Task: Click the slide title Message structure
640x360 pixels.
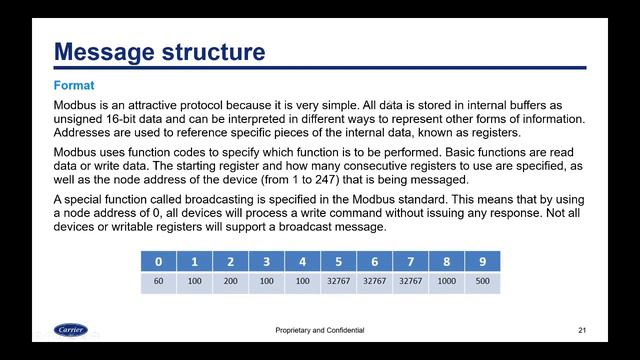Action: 159,51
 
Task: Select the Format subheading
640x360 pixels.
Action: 74,86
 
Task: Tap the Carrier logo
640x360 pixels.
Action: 70,329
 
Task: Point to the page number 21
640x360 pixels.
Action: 582,330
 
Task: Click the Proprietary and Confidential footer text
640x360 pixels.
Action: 319,330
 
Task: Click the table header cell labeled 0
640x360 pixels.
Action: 158,261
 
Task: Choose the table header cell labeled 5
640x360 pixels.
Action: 338,261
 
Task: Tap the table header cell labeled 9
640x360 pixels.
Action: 482,261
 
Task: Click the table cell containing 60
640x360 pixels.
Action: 158,282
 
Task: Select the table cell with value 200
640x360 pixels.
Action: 230,282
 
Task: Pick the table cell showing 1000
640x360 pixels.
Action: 446,282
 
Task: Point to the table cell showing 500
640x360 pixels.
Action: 482,282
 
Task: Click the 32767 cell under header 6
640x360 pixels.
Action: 374,282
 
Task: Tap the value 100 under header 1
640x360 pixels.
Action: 194,282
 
